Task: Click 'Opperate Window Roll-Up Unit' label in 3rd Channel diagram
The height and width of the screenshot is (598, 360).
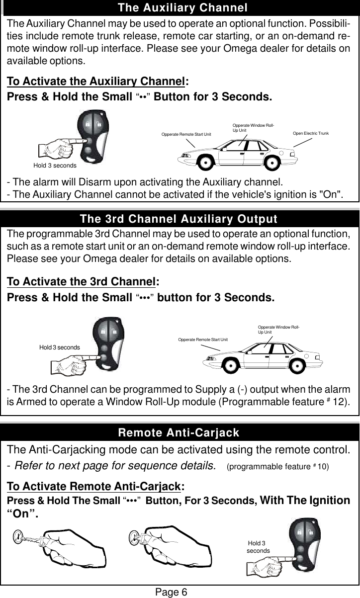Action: (278, 329)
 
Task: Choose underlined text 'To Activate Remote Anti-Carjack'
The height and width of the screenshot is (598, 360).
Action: (93, 486)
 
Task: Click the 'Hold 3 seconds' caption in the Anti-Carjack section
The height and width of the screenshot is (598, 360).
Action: (258, 547)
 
